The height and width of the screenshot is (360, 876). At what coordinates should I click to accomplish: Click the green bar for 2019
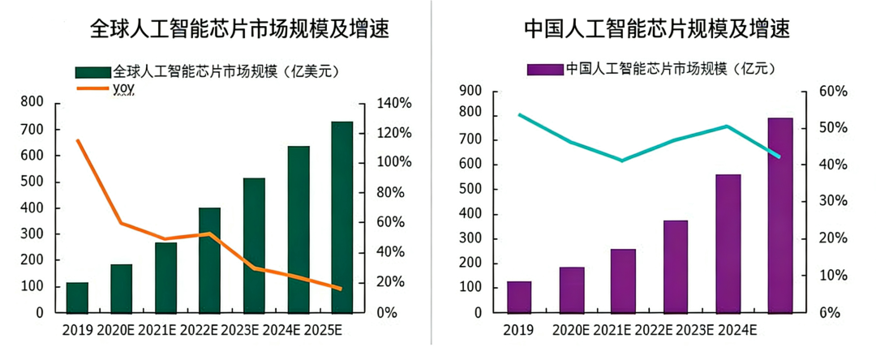77,297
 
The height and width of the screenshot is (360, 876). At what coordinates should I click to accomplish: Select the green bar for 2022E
209,259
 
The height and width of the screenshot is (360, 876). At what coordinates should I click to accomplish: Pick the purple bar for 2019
519,297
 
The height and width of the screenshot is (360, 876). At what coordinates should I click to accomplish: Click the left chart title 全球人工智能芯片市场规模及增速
239,30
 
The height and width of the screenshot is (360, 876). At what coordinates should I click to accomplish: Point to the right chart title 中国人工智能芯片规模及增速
657,30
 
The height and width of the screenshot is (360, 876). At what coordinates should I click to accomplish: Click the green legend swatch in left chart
93,71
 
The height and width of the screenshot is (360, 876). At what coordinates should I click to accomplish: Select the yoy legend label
122,88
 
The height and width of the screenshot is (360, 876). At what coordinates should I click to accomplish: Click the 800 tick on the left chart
32,102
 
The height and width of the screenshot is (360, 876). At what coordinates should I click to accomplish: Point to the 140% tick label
395,104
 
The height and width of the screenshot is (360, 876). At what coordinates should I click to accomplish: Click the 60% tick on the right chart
832,92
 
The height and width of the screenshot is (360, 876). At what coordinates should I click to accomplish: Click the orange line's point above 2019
77,140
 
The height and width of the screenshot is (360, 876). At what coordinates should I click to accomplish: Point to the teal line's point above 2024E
728,126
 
